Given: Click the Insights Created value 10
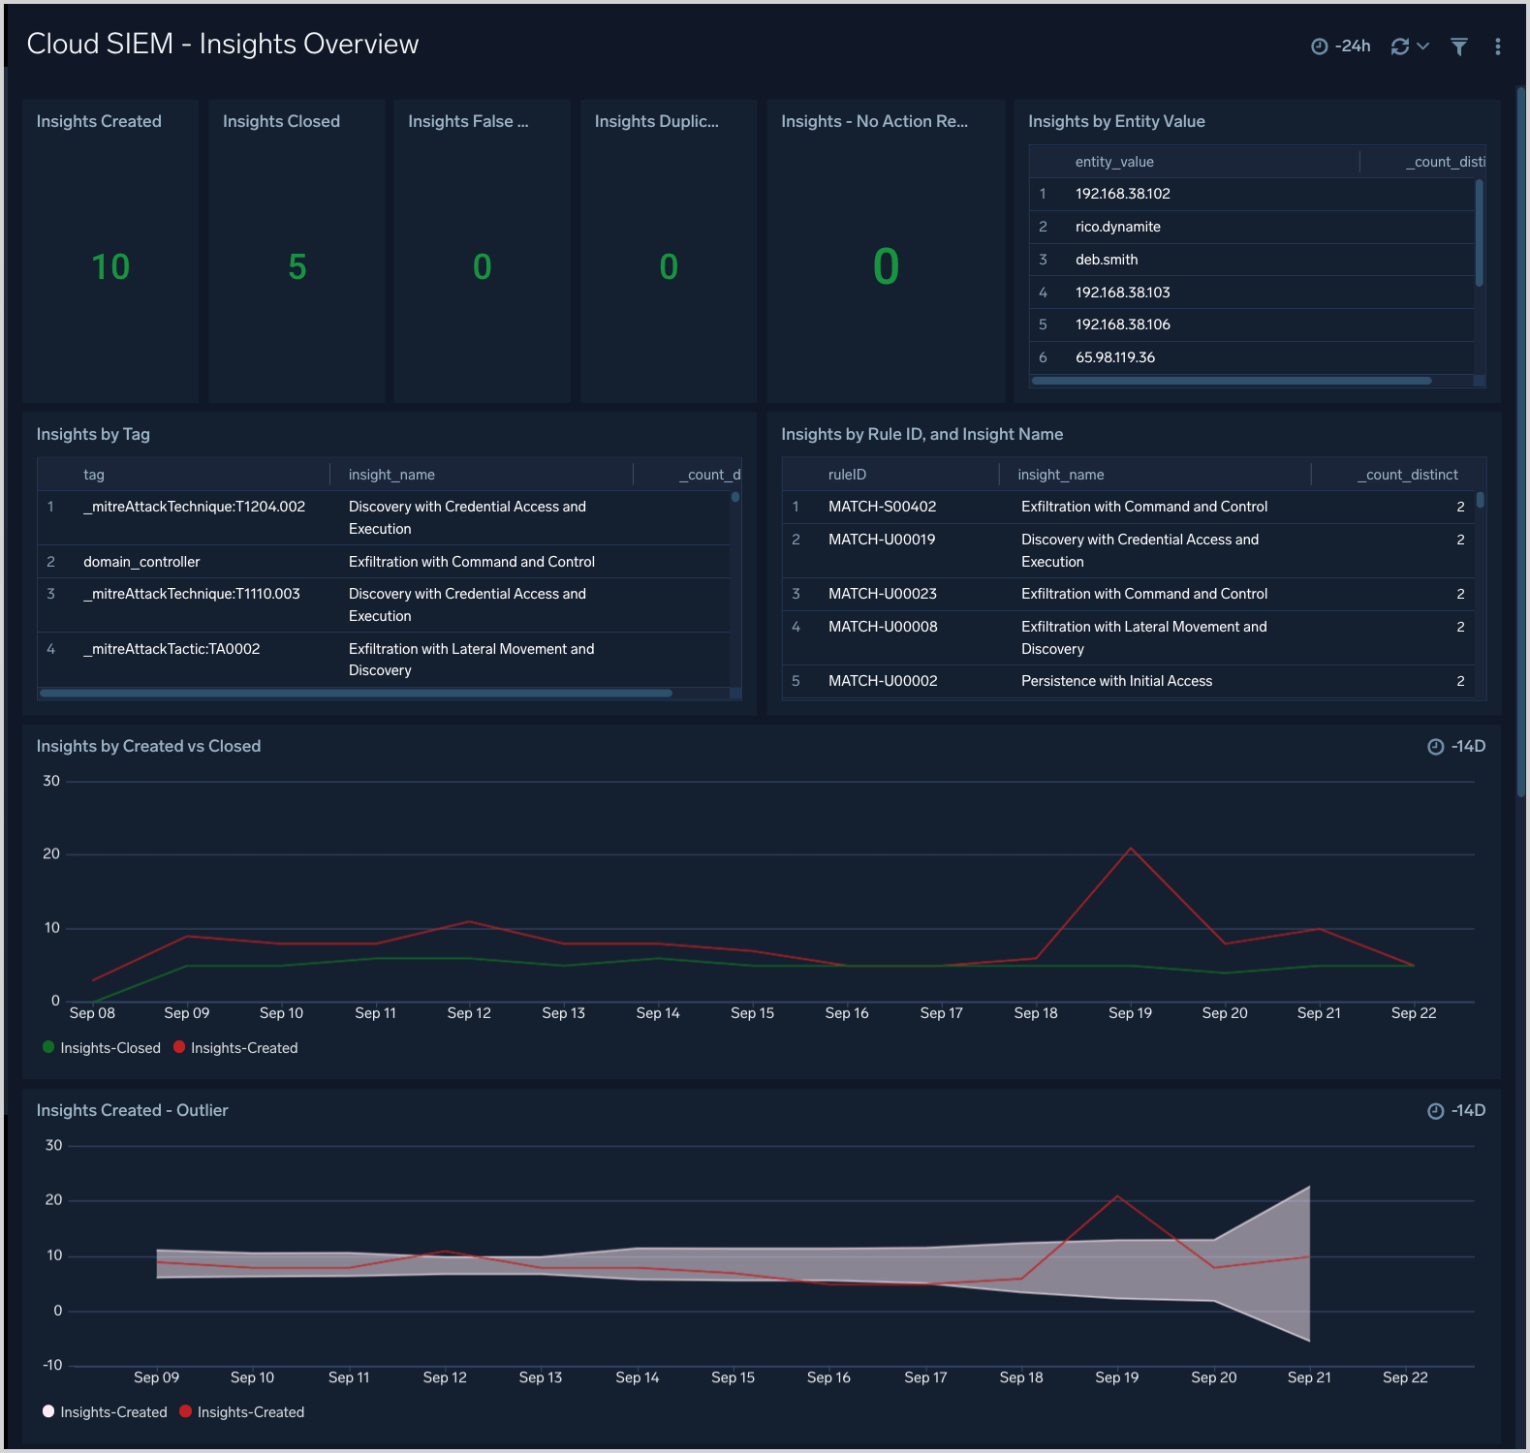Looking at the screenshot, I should pyautogui.click(x=110, y=267).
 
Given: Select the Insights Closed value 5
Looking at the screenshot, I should pyautogui.click(x=297, y=267).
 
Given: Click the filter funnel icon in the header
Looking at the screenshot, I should pyautogui.click(x=1458, y=46).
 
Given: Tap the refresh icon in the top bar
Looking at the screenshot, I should pyautogui.click(x=1399, y=46).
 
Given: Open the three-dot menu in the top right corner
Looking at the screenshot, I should pyautogui.click(x=1497, y=46).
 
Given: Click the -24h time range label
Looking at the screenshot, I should pyautogui.click(x=1352, y=46).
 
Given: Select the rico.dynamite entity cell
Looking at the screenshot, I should pyautogui.click(x=1117, y=227).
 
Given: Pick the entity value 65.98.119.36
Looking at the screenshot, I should pyautogui.click(x=1114, y=357).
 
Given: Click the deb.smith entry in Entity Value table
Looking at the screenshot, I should pyautogui.click(x=1106, y=260).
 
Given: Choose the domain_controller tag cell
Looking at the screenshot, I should pyautogui.click(x=141, y=562).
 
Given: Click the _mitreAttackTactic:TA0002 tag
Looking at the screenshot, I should pyautogui.click(x=172, y=649).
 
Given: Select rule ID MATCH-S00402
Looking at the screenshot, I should pyautogui.click(x=882, y=507).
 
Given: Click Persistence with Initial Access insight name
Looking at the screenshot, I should pyautogui.click(x=1116, y=681).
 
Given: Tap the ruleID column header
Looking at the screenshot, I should pyautogui.click(x=847, y=475).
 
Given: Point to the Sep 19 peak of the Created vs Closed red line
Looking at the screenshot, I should pyautogui.click(x=1130, y=849).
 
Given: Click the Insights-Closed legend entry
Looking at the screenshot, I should pyautogui.click(x=109, y=1048).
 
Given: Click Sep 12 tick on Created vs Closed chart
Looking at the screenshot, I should pyautogui.click(x=469, y=1013).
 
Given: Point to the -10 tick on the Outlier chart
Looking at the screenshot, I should pyautogui.click(x=52, y=1366).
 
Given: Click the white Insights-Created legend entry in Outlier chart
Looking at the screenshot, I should pyautogui.click(x=112, y=1412).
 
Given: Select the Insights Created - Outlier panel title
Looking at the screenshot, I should pyautogui.click(x=132, y=1110).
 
